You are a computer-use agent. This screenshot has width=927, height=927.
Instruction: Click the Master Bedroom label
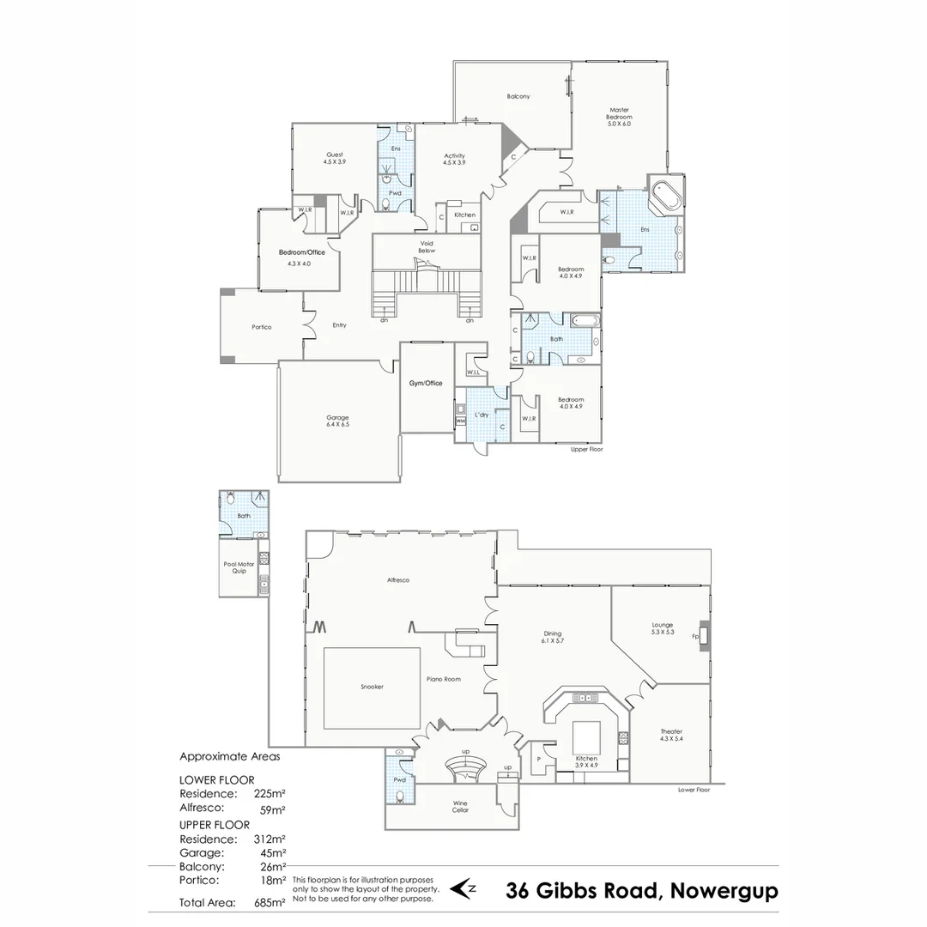pos(620,117)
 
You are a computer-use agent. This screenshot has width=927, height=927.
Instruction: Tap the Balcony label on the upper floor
pos(518,97)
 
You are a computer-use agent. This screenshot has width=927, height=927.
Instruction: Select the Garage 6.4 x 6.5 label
pos(337,421)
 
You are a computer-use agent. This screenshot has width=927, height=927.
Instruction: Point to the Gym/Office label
pos(427,383)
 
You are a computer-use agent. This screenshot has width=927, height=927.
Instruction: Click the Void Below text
pos(427,247)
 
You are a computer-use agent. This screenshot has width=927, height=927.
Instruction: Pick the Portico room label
pos(261,327)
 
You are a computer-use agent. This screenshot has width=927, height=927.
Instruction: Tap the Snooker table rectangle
pos(372,687)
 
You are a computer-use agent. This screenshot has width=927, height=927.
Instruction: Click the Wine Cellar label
pos(460,808)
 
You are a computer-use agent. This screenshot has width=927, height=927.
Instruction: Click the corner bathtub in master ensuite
pos(663,197)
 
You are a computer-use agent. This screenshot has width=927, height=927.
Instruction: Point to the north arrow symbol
pos(463,888)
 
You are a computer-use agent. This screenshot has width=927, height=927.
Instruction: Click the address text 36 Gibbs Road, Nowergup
pos(642,891)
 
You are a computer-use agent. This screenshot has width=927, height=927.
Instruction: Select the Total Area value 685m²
pos(270,903)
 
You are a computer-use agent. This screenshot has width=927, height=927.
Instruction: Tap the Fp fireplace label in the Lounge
pos(695,636)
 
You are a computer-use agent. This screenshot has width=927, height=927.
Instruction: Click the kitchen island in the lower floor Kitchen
pos(586,736)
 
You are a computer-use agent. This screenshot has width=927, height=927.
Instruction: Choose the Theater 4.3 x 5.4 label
pos(671,735)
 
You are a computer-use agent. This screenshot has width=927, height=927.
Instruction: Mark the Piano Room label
pos(444,679)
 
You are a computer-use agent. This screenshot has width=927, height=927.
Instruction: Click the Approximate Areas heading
pos(229,757)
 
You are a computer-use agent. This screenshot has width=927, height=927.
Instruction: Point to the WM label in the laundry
pos(460,421)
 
